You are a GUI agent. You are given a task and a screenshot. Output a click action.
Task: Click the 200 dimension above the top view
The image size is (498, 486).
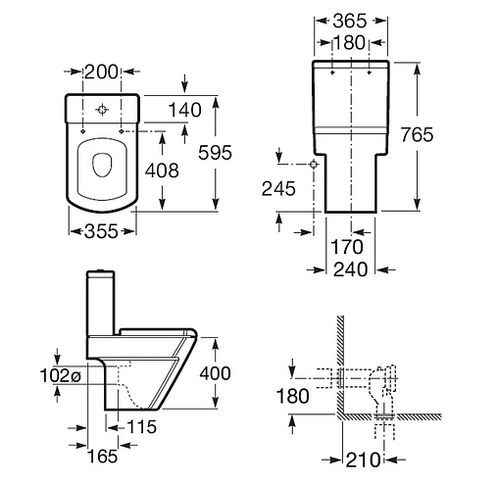pyautogui.click(x=101, y=72)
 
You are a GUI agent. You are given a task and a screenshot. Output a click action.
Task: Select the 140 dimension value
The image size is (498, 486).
pyautogui.click(x=185, y=110)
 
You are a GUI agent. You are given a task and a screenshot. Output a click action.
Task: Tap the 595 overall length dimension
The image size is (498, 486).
pyautogui.click(x=215, y=152)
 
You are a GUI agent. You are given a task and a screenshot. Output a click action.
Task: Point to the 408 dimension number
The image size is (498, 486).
pyautogui.click(x=162, y=170)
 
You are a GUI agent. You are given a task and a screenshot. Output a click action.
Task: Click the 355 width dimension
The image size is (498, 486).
pyautogui.click(x=101, y=231)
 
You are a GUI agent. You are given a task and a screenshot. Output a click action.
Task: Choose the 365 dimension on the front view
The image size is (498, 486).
pyautogui.click(x=350, y=21)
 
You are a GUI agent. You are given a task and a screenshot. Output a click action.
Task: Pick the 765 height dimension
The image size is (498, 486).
pyautogui.click(x=418, y=134)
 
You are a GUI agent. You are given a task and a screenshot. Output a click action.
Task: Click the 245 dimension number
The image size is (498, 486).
pyautogui.click(x=278, y=188)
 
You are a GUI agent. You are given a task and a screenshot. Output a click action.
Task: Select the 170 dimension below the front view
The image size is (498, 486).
pyautogui.click(x=347, y=247)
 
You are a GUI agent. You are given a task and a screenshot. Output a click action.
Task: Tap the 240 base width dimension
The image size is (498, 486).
pyautogui.click(x=351, y=269)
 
